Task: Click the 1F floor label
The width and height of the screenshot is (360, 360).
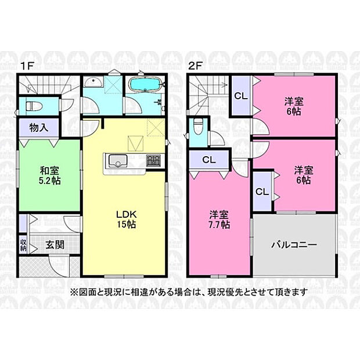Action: tap(27, 66)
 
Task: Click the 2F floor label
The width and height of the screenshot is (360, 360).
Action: tap(195, 66)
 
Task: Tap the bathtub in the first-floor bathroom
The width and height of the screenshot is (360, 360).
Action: tap(146, 84)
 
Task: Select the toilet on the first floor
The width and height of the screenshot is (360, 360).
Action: tap(34, 106)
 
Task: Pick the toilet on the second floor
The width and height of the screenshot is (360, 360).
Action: tap(197, 126)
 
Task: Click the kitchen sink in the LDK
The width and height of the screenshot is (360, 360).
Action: tap(118, 160)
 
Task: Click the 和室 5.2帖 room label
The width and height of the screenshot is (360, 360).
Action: tap(49, 175)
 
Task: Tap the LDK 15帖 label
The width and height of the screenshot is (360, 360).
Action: tap(126, 219)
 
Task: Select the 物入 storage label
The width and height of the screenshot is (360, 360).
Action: tap(39, 128)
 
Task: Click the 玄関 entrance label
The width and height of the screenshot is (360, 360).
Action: tap(55, 245)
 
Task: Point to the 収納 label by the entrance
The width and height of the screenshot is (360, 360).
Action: tap(23, 245)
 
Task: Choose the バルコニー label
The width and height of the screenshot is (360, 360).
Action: tap(294, 245)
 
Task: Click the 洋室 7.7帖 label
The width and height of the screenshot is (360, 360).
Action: tap(219, 219)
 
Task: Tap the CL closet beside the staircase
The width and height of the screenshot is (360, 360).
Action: tap(241, 96)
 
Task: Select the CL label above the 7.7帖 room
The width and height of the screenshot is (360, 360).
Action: tap(209, 160)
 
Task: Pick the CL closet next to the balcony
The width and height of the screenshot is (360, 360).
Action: tap(262, 191)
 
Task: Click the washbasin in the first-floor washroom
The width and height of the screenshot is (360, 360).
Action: tap(93, 82)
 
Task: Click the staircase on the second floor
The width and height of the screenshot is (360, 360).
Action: tap(208, 94)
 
